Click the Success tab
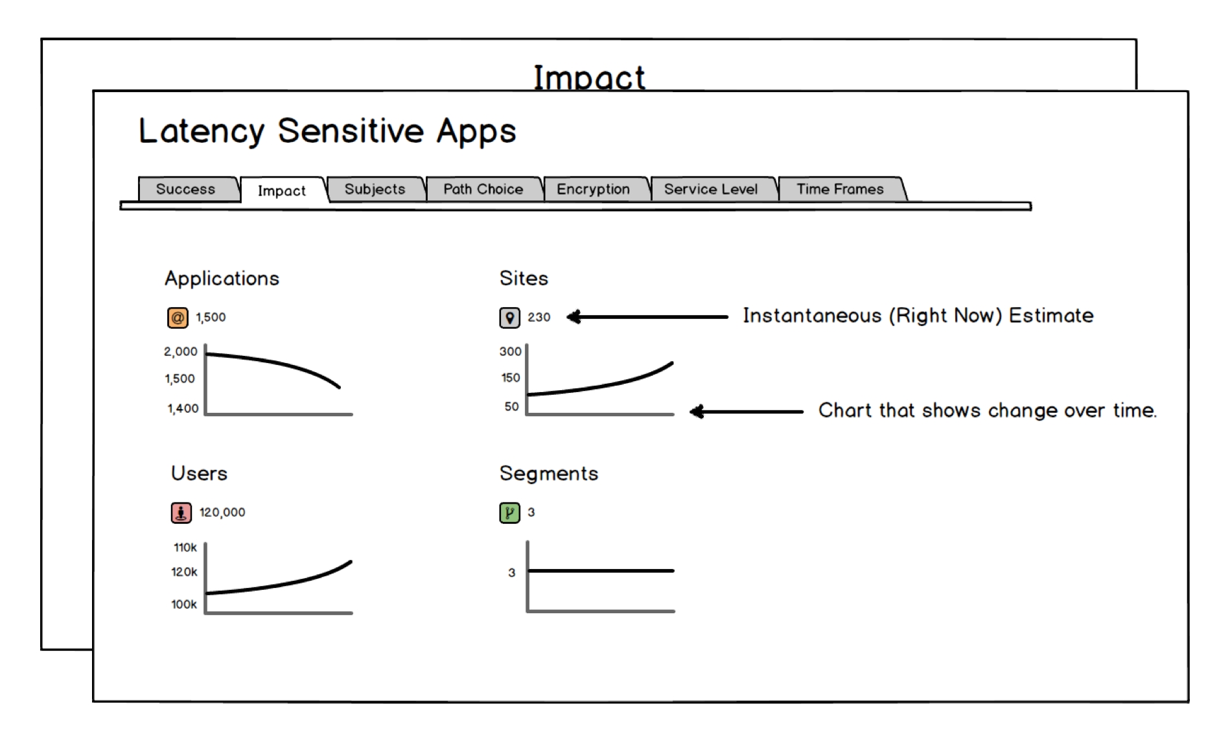(186, 189)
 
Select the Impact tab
(282, 191)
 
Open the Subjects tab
(375, 189)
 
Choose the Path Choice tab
(483, 189)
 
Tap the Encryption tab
(594, 189)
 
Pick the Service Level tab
(711, 189)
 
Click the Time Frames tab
(841, 189)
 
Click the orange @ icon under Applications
(178, 318)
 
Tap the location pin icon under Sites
(509, 318)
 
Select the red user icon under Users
(181, 513)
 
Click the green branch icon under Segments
(509, 513)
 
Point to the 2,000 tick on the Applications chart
(181, 352)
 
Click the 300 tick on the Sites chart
(511, 351)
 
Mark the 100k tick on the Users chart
(184, 604)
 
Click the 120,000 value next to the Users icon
(222, 512)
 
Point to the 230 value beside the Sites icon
(539, 317)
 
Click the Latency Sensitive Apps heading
(327, 131)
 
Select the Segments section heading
(549, 474)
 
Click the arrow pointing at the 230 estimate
(647, 317)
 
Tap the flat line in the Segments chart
(601, 571)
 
